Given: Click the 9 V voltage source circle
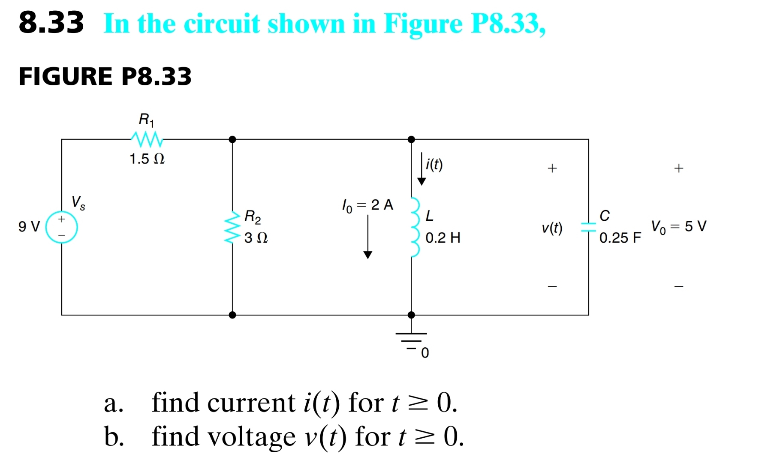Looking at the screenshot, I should click(61, 227).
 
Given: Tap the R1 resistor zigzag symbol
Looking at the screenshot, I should click(147, 139).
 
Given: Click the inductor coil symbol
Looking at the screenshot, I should click(414, 227).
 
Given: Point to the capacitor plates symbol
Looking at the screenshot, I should click(588, 227).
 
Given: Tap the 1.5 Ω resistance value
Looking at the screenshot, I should click(147, 159).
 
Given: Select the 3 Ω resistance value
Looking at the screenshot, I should click(256, 238).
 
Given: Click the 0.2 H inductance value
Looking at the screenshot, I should click(443, 238).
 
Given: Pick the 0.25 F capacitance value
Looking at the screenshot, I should click(620, 238).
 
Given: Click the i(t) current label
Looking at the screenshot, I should click(434, 164).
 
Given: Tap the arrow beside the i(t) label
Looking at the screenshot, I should click(422, 169).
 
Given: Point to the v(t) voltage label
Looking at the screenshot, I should click(552, 228).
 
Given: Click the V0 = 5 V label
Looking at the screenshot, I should click(678, 226).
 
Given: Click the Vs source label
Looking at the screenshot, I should click(78, 202).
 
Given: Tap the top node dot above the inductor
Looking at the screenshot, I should click(411, 139).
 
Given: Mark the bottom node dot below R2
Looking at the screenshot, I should click(232, 315).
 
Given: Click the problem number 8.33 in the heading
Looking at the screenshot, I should click(51, 23).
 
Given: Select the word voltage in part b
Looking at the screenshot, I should click(252, 436).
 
